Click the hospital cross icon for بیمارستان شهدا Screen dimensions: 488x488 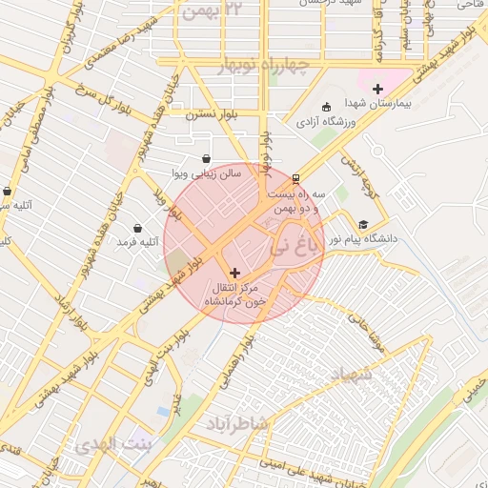pyautogui.click(x=378, y=88)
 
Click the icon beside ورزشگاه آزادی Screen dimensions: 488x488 pyautogui.click(x=327, y=107)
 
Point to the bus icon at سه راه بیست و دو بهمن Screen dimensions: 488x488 pyautogui.click(x=295, y=177)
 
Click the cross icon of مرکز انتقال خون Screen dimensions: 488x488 pyautogui.click(x=235, y=273)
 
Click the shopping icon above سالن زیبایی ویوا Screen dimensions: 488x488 pyautogui.click(x=206, y=159)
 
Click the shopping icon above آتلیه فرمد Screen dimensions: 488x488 pyautogui.click(x=139, y=228)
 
